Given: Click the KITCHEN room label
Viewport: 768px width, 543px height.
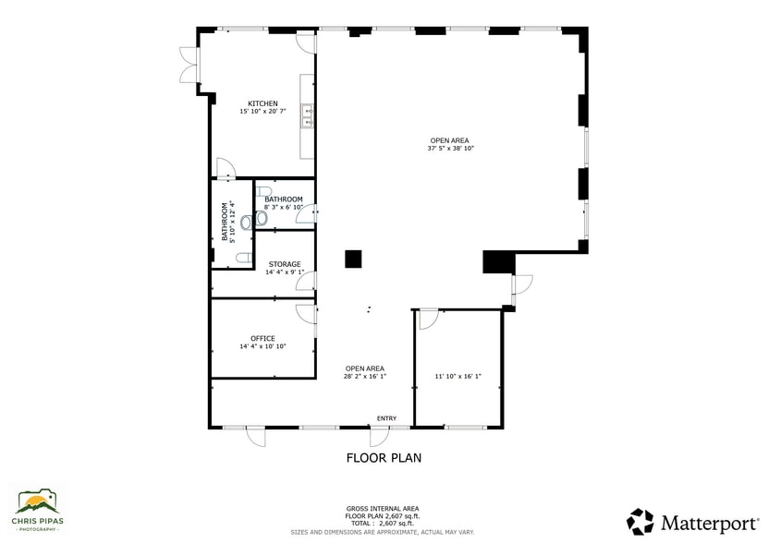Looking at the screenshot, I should coord(262,103).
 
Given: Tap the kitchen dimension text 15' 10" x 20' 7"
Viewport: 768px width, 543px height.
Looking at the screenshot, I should coord(262,111).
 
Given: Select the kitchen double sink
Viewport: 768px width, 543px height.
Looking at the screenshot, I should coord(310,115).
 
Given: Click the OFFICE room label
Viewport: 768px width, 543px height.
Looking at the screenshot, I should coord(262,338).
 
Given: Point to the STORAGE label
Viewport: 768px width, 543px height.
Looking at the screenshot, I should coord(285,264).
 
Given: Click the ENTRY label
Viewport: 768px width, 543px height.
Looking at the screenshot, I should coord(386,418).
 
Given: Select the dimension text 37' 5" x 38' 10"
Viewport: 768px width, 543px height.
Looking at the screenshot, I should coord(450,148).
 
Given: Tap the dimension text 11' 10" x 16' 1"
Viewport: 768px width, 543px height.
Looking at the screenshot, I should coord(457,376).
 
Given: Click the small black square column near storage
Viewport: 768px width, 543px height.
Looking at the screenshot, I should coord(353,259).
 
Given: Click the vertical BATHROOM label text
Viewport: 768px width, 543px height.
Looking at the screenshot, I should coord(224,222).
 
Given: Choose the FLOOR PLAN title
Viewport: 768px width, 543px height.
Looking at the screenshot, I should coord(384,457).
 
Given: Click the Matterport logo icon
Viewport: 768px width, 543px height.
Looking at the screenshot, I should coord(640,522).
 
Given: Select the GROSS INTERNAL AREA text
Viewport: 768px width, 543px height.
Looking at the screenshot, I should coord(383,509).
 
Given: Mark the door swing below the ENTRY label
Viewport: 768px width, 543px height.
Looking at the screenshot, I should coord(380,436).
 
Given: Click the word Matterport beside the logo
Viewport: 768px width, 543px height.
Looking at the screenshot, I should coord(707,523).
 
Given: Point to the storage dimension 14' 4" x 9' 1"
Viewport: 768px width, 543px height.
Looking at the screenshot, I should coord(285,272).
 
